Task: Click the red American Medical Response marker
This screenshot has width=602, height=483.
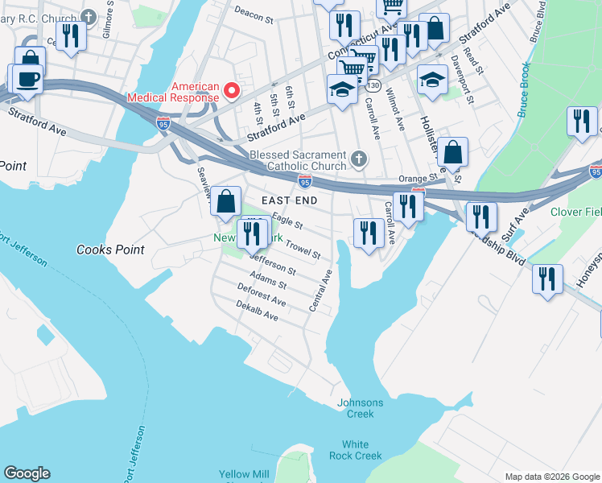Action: click(x=233, y=90)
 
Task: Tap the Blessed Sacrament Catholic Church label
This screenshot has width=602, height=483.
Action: click(x=298, y=161)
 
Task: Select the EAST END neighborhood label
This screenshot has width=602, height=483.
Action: click(x=288, y=200)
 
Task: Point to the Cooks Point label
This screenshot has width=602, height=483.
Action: click(x=110, y=250)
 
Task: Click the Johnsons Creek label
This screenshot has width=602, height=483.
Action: click(x=361, y=408)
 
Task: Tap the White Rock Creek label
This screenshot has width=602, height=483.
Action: click(x=355, y=450)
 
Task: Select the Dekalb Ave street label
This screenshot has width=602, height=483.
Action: click(x=257, y=312)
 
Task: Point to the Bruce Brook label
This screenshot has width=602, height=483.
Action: click(x=524, y=90)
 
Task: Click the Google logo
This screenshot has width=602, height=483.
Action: click(x=27, y=473)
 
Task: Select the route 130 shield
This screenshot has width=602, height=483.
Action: click(x=374, y=85)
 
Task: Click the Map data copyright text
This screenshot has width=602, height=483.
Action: click(x=552, y=477)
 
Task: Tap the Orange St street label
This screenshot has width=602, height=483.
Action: click(x=416, y=178)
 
